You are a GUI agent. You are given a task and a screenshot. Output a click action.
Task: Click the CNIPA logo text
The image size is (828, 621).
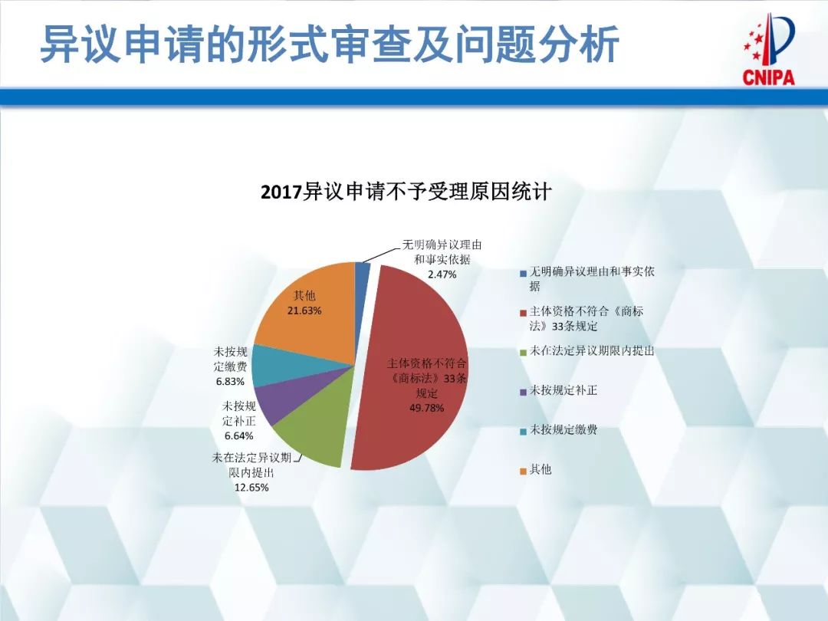point(768,77)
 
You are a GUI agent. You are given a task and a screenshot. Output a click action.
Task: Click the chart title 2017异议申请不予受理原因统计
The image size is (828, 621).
point(406,191)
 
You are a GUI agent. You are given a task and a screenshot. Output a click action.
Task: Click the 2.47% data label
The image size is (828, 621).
point(442,274)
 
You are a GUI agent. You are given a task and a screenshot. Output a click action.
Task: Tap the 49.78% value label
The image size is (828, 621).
point(427,407)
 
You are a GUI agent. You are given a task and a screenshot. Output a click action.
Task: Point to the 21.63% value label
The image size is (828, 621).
point(304,310)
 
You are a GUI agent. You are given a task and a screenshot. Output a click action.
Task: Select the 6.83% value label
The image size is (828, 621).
point(230,380)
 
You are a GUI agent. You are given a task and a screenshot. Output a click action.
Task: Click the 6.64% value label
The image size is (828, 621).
point(238,435)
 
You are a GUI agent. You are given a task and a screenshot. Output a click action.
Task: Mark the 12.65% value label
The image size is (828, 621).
point(251,487)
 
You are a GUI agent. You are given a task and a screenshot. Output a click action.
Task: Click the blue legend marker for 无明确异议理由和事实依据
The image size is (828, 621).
point(523,273)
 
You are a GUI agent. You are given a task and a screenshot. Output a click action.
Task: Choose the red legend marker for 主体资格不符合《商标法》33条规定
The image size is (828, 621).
point(523,313)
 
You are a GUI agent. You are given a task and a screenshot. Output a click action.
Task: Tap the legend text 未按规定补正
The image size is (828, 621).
point(563,390)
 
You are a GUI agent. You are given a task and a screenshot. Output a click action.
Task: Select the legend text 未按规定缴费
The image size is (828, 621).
point(563,430)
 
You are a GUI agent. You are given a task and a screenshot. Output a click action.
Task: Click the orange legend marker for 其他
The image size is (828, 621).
point(523,470)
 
